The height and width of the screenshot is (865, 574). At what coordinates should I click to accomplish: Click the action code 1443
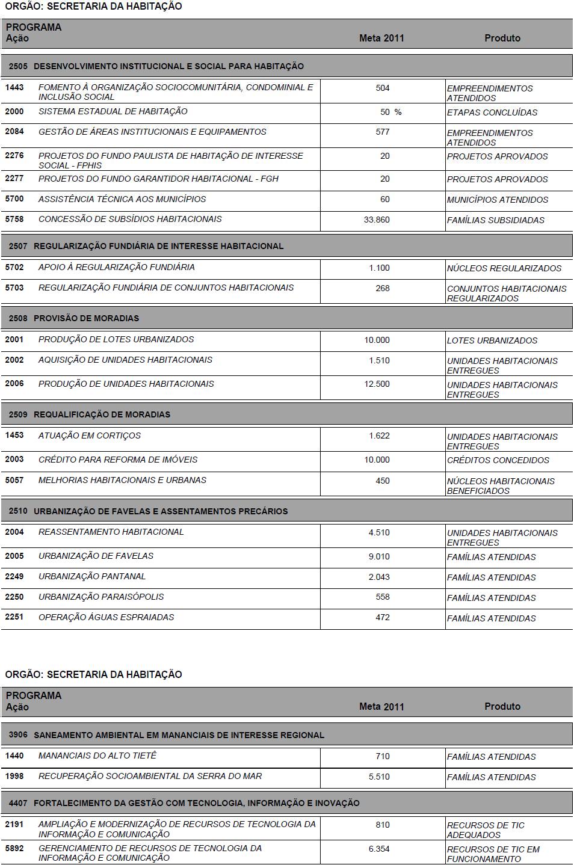coord(14,88)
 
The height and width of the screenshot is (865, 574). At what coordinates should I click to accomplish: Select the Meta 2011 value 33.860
coord(377,220)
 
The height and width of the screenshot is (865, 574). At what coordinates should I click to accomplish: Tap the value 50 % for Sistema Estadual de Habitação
coord(390,112)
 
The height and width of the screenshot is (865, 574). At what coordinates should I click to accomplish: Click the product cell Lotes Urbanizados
coord(492,340)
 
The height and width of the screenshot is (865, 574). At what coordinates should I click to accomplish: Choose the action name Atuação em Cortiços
coord(90,436)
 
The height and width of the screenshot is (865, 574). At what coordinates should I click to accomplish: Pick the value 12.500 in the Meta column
coord(377,384)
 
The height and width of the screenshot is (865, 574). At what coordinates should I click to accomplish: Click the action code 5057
coord(14,480)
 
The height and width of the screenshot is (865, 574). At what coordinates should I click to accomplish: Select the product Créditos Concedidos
coord(498,460)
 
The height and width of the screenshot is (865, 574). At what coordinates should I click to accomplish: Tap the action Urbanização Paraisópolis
coord(101,597)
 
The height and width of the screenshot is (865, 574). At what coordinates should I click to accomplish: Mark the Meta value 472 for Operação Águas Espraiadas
coord(382,618)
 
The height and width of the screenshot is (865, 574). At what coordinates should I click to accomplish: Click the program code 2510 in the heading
coord(18,511)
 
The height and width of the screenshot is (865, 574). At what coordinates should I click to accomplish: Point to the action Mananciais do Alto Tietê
coord(97,756)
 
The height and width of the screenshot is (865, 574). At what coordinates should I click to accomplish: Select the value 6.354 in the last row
coord(379,849)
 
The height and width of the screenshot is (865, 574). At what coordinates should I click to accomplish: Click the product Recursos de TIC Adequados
coord(486,830)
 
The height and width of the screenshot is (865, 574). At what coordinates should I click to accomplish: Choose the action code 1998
coord(14,776)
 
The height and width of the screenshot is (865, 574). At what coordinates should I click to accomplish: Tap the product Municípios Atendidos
coord(497,200)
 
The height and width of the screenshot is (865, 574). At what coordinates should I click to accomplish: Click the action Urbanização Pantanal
coord(92,576)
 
